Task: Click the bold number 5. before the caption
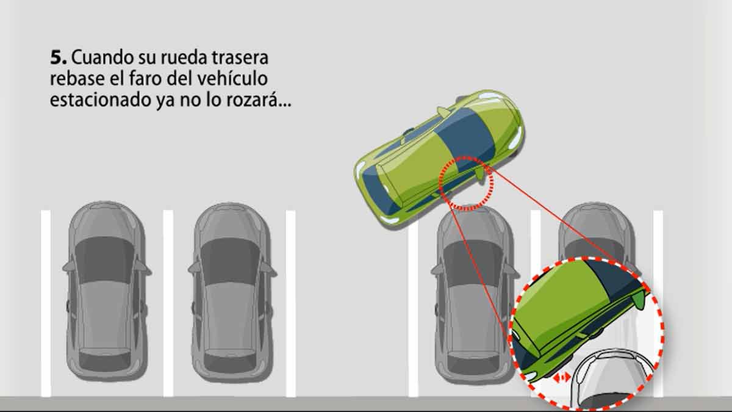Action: click(x=59, y=57)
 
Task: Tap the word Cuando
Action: click(x=102, y=57)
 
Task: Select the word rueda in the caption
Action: click(x=184, y=57)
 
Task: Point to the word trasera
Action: click(x=240, y=57)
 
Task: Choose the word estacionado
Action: click(x=100, y=99)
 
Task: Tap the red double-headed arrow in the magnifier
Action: click(x=561, y=378)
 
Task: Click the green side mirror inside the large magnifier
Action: click(x=639, y=298)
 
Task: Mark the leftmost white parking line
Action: click(x=46, y=303)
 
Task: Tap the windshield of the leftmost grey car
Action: click(x=104, y=260)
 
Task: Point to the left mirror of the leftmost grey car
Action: click(x=68, y=267)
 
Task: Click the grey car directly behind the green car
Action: click(x=474, y=294)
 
